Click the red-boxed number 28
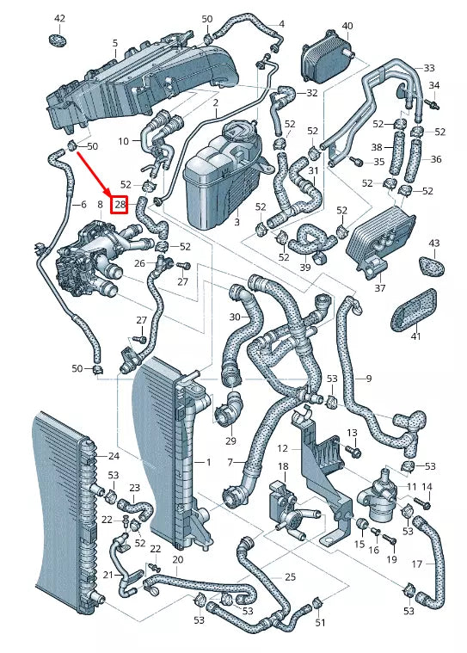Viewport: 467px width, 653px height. click(x=120, y=205)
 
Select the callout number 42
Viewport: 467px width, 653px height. click(x=59, y=18)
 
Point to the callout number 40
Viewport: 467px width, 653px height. click(x=347, y=26)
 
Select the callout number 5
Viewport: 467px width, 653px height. click(x=115, y=42)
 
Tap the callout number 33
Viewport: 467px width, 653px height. click(x=429, y=67)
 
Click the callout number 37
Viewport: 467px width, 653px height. click(x=380, y=288)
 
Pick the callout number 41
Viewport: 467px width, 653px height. click(x=416, y=336)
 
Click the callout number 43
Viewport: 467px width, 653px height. click(x=433, y=243)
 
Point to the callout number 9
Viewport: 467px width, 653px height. click(x=368, y=379)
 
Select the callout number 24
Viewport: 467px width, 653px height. click(x=114, y=456)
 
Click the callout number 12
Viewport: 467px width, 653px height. click(x=283, y=447)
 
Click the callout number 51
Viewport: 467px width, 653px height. click(x=321, y=623)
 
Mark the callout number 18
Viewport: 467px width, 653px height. click(x=281, y=466)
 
